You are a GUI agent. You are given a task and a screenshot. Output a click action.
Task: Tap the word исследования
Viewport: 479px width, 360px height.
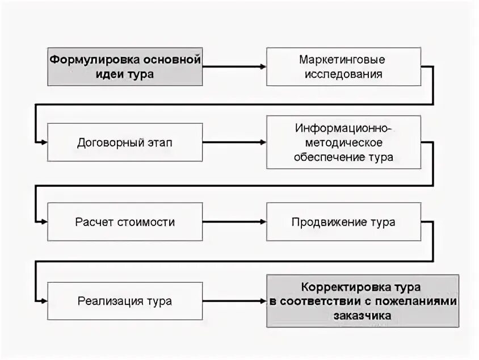coord(343,74)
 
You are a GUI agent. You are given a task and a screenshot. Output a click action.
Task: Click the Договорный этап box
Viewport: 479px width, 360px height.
coord(125,142)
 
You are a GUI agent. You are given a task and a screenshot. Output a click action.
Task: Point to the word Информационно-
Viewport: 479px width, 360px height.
coord(343,128)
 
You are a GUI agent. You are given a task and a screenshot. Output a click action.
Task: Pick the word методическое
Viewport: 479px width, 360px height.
coord(343,142)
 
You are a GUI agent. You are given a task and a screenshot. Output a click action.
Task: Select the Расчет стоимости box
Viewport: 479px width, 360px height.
coord(125,221)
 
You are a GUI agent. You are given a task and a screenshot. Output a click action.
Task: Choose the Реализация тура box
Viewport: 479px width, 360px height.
coord(125,300)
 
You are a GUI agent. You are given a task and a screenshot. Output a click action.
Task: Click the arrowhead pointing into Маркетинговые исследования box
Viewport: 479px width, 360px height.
coord(263,66)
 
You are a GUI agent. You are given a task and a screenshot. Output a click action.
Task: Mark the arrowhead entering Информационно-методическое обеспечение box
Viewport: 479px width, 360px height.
coord(263,142)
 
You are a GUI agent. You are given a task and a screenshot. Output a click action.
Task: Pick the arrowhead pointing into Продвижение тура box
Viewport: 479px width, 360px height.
coord(263,221)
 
